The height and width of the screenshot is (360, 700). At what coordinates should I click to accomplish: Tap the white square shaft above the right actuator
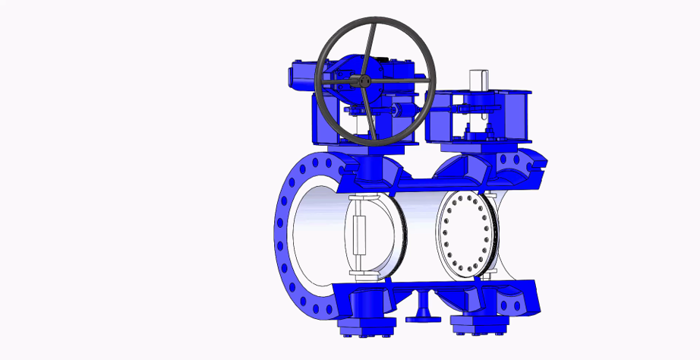coord(478,79)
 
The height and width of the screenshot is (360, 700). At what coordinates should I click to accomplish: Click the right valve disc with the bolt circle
coord(466,235)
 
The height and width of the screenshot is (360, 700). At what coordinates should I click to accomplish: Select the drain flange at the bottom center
coord(423,316)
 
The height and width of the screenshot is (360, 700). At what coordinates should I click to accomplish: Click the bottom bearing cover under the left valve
coord(365,330)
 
